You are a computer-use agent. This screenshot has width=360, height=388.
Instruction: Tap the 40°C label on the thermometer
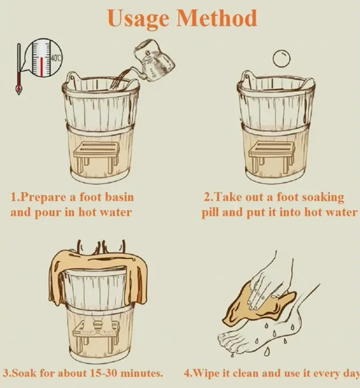(x=55, y=58)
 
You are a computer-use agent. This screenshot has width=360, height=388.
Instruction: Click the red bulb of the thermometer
(x=18, y=88)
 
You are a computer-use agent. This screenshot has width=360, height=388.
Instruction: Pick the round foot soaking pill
(x=281, y=58)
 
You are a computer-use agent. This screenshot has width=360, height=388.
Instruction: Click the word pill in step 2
(x=210, y=213)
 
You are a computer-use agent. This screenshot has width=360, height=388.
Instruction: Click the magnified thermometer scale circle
(x=44, y=58)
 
